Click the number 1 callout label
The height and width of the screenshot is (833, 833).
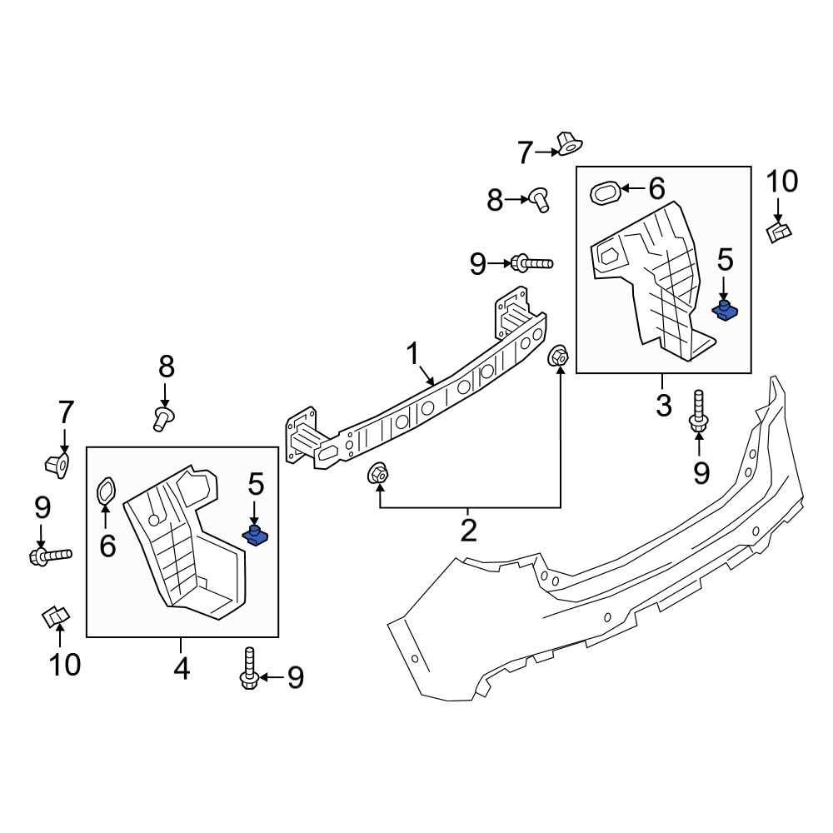tap(412, 354)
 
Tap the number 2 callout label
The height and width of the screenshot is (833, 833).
tap(468, 529)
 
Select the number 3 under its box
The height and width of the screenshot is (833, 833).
tap(663, 406)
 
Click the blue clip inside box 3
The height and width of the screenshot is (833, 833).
tap(725, 312)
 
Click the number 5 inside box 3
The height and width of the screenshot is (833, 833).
tap(725, 261)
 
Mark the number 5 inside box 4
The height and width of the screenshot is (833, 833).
tap(255, 482)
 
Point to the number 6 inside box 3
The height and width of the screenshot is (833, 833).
tap(656, 188)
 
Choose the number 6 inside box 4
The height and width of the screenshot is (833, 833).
tap(107, 546)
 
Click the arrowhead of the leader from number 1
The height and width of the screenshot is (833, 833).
tap(434, 385)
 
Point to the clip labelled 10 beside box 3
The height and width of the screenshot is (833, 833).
tap(779, 231)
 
